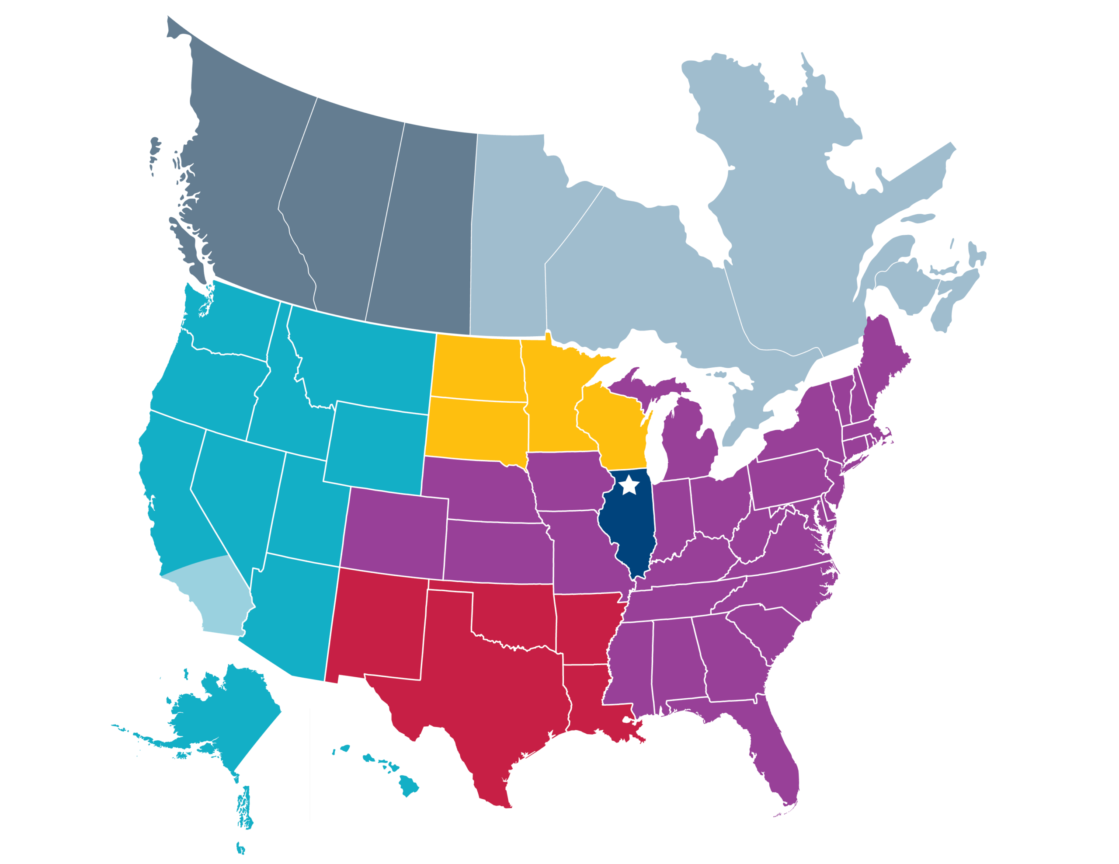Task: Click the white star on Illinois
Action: (629, 485)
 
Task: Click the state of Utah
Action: (307, 507)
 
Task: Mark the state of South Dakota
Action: (476, 428)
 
